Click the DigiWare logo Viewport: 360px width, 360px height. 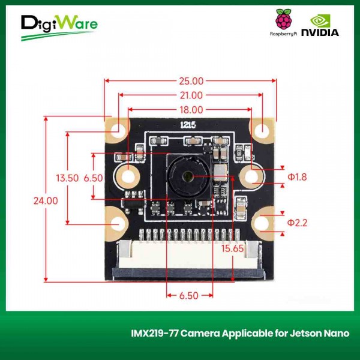click(x=58, y=27)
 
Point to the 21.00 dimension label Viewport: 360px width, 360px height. click(x=190, y=95)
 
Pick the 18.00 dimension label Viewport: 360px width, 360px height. click(x=190, y=110)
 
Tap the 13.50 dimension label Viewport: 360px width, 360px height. click(x=67, y=178)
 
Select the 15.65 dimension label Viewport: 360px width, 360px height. click(x=233, y=248)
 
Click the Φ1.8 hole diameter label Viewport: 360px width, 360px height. click(x=297, y=177)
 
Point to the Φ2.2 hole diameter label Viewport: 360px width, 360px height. click(x=297, y=223)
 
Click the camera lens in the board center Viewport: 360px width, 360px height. click(x=188, y=176)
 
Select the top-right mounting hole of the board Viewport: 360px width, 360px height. click(x=262, y=130)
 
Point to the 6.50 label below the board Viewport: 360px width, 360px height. click(x=189, y=296)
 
